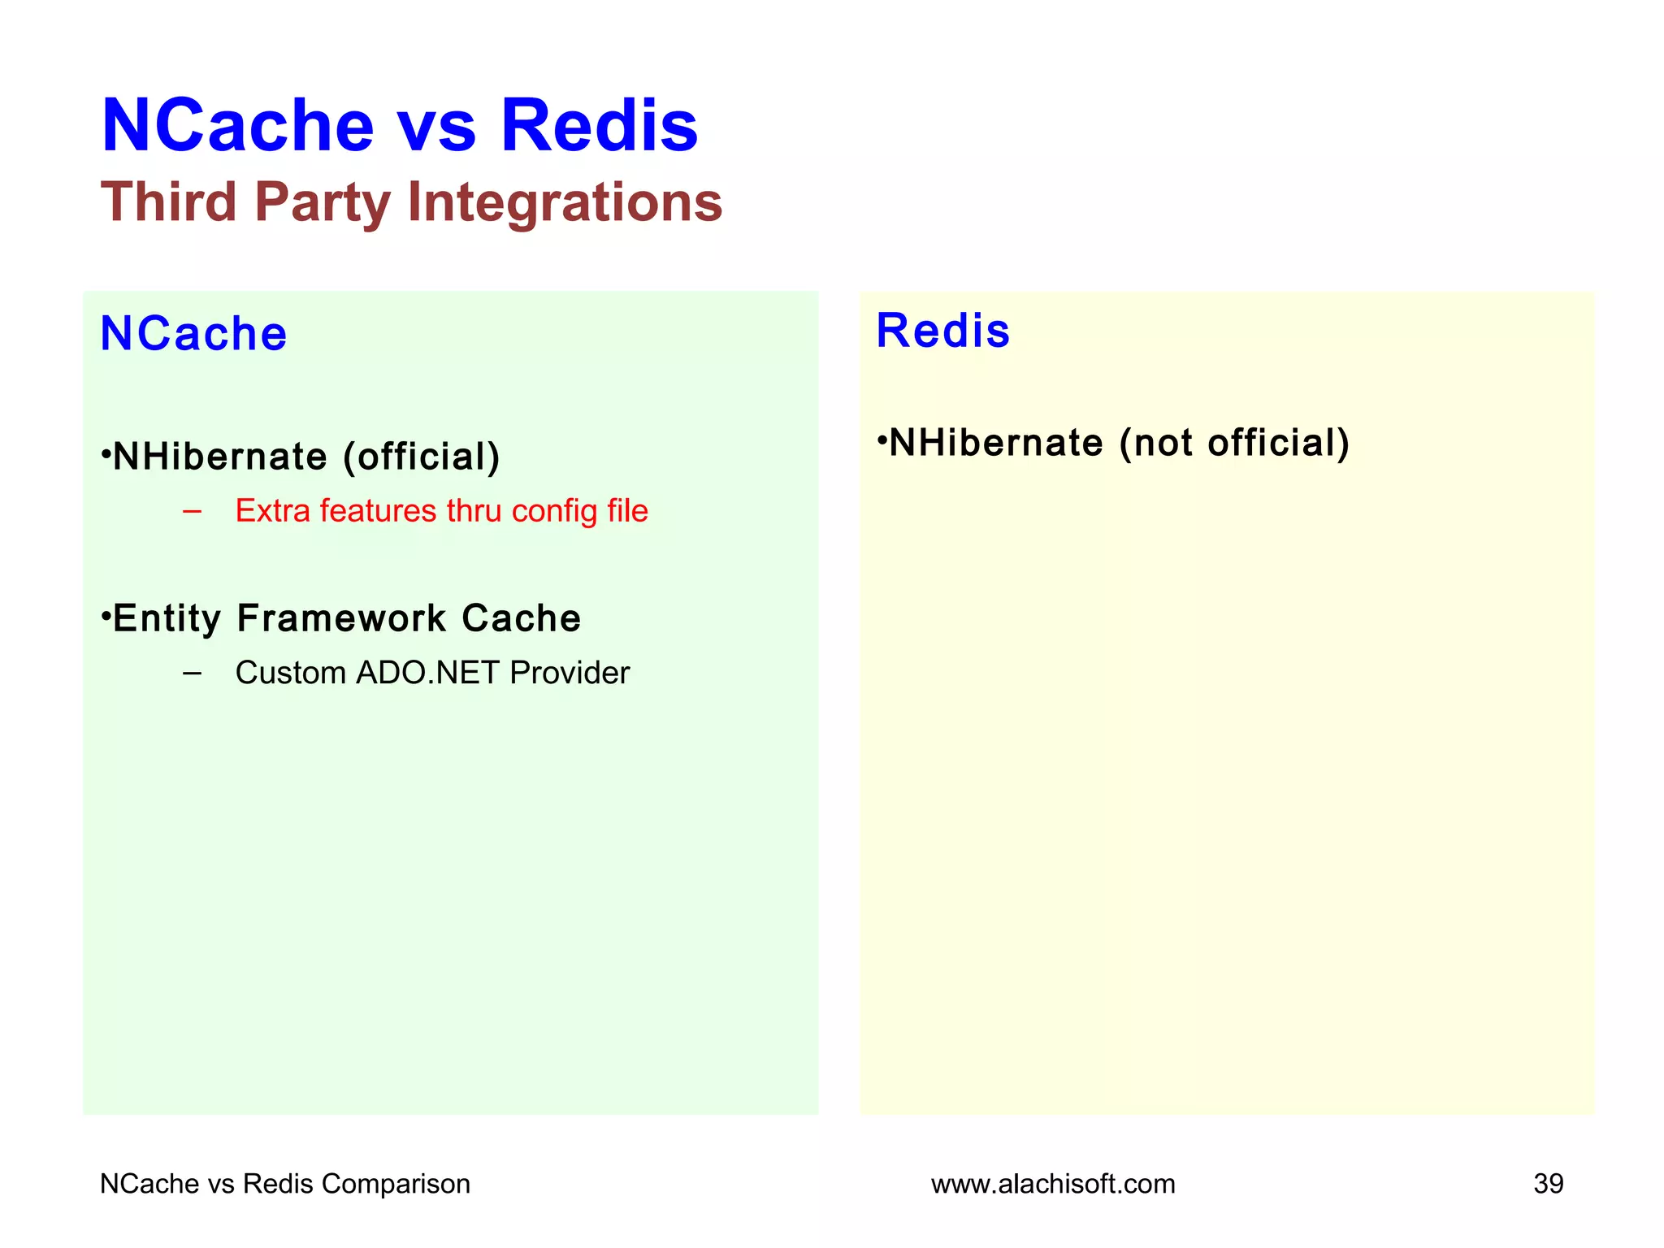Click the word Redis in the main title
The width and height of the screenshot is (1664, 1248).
[x=599, y=126]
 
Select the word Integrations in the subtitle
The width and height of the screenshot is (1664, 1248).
[x=565, y=203]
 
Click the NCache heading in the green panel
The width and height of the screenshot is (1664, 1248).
[x=193, y=334]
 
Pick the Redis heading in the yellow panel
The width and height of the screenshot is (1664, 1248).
[x=942, y=331]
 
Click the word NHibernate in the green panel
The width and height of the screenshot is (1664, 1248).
[x=219, y=457]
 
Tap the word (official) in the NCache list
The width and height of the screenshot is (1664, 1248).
[x=421, y=457]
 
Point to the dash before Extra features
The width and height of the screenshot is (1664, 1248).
[x=193, y=511]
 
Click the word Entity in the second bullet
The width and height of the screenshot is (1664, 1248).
[x=167, y=618]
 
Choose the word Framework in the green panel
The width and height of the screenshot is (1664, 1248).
[x=341, y=618]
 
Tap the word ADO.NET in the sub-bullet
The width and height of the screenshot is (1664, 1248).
[x=427, y=673]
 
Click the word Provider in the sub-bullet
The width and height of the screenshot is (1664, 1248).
[x=570, y=673]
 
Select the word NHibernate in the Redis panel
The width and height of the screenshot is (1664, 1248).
[x=996, y=444]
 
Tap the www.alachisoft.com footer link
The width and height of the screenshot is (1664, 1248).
[x=1053, y=1184]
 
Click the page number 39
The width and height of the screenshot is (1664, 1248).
[x=1548, y=1184]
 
